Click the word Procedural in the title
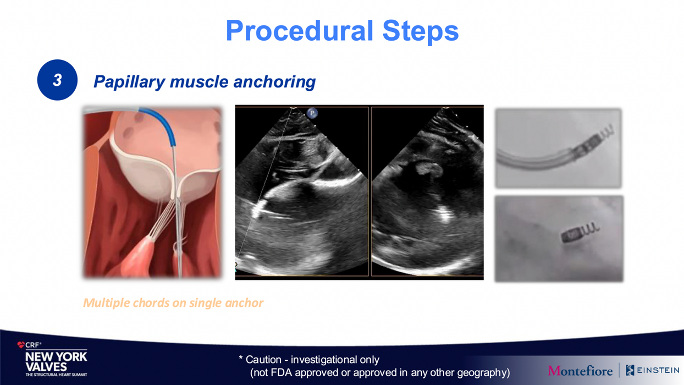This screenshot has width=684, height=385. (300, 31)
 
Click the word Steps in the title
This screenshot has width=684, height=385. (421, 31)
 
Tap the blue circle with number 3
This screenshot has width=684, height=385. (57, 80)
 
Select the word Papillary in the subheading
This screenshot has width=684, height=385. (129, 82)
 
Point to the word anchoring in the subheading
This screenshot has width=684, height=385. (274, 82)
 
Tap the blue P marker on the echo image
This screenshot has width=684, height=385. (312, 113)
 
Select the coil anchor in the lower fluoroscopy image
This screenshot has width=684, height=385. (580, 232)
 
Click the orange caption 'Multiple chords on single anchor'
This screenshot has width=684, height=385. (173, 303)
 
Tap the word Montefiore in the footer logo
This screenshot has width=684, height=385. (580, 371)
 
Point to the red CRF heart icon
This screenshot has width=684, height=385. (21, 345)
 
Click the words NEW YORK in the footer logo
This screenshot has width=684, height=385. (56, 356)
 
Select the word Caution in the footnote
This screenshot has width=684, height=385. (263, 360)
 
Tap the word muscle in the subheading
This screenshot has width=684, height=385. (199, 82)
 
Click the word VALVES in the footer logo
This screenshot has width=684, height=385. (46, 367)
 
